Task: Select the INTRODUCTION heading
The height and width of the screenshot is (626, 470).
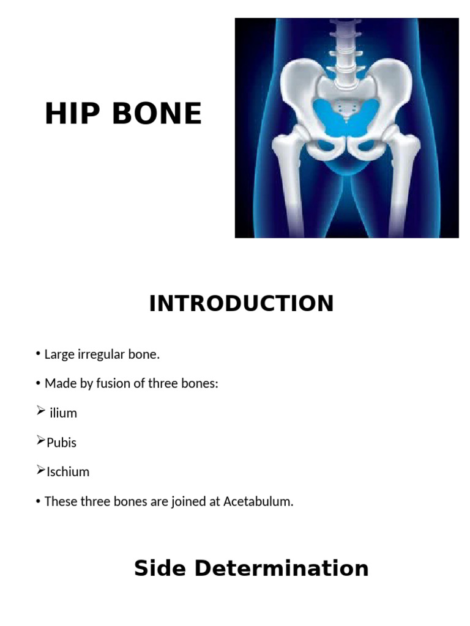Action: pyautogui.click(x=241, y=304)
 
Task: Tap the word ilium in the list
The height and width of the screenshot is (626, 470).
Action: pyautogui.click(x=63, y=413)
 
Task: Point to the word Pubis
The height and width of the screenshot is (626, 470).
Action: pyautogui.click(x=61, y=443)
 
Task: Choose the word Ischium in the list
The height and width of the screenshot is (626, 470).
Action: pyautogui.click(x=68, y=472)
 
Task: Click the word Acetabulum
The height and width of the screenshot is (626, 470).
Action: pyautogui.click(x=258, y=502)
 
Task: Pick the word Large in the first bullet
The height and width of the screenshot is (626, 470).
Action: pyautogui.click(x=59, y=354)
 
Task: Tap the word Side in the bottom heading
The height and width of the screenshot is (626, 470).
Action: pyautogui.click(x=160, y=569)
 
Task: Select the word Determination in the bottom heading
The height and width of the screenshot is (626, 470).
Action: pyautogui.click(x=281, y=569)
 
